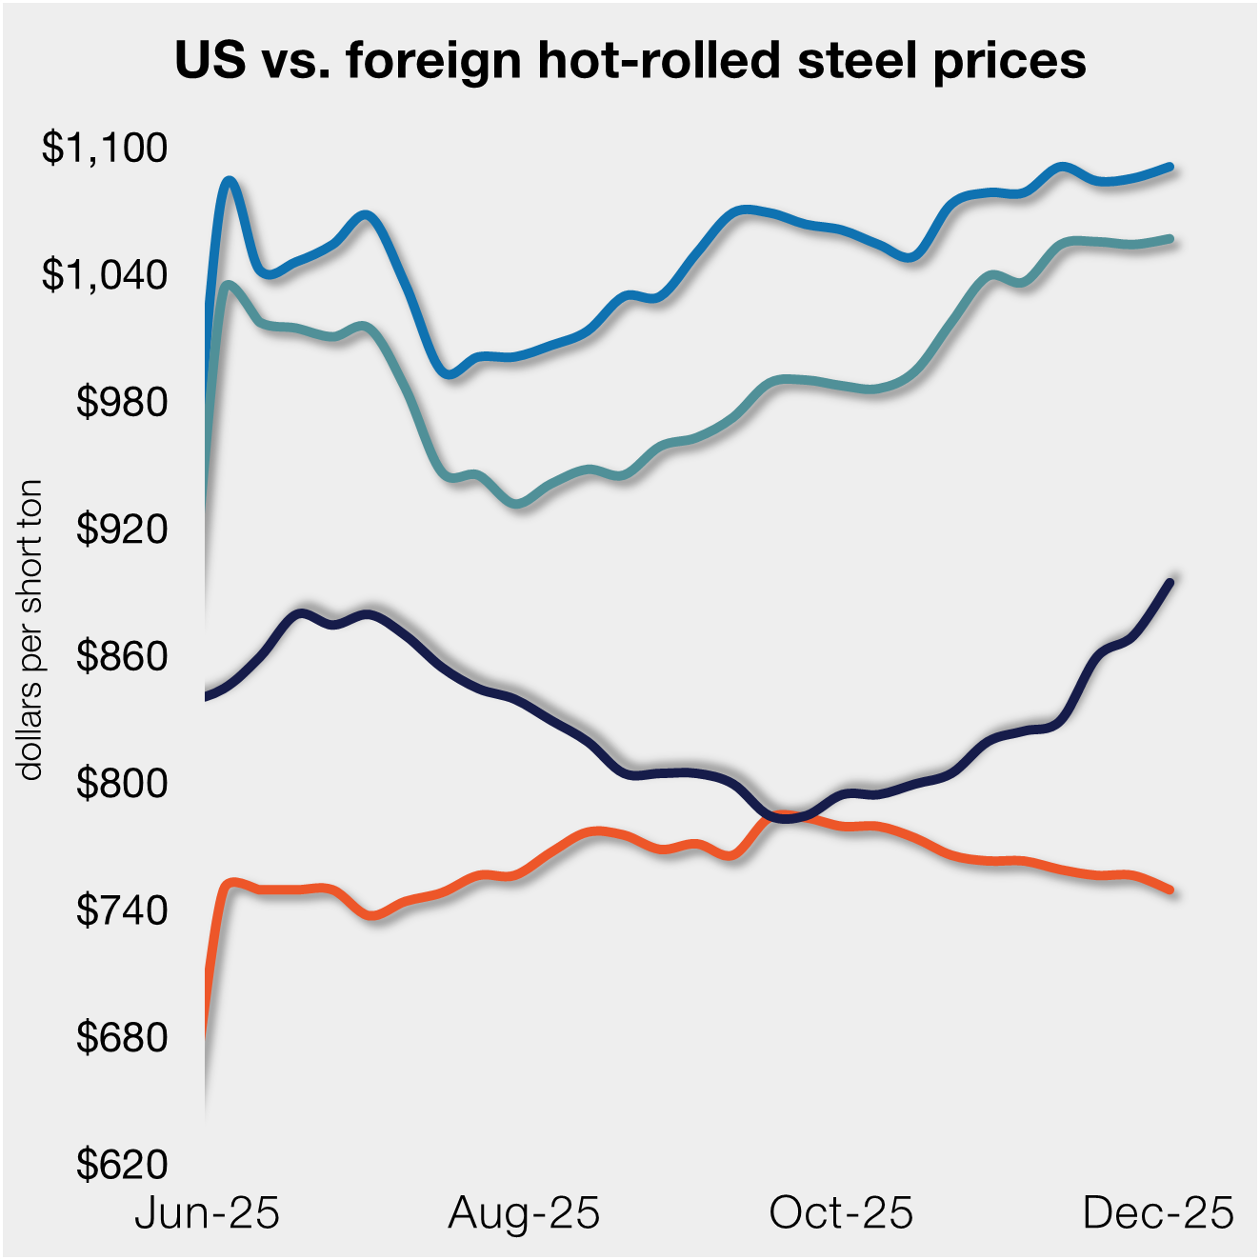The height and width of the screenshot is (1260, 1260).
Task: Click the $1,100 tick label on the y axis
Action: (x=105, y=149)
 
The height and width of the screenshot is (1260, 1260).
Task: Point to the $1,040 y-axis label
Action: (x=105, y=275)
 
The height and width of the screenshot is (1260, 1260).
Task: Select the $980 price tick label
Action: (x=122, y=403)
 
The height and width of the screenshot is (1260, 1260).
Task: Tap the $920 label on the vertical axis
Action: (x=122, y=530)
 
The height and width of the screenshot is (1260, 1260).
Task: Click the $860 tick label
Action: (x=122, y=657)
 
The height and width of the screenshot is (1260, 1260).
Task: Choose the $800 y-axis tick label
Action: (x=122, y=784)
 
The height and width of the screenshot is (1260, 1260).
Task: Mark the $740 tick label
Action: (x=122, y=911)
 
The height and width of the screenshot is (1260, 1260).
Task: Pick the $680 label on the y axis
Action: (x=122, y=1038)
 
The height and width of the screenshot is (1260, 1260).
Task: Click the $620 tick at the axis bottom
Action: (x=122, y=1165)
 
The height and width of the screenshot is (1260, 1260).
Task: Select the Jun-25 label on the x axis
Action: (x=208, y=1213)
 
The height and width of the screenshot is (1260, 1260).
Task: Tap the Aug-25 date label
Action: (x=524, y=1213)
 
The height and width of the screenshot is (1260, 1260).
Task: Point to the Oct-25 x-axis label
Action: (x=841, y=1213)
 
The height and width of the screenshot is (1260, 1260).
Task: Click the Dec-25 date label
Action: (x=1158, y=1213)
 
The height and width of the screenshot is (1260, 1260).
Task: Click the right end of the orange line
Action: (x=1170, y=890)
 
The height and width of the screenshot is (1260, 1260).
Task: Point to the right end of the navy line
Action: (x=1170, y=581)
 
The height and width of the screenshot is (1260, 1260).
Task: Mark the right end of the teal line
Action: (x=1170, y=238)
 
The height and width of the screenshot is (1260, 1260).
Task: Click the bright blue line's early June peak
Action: (x=229, y=180)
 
